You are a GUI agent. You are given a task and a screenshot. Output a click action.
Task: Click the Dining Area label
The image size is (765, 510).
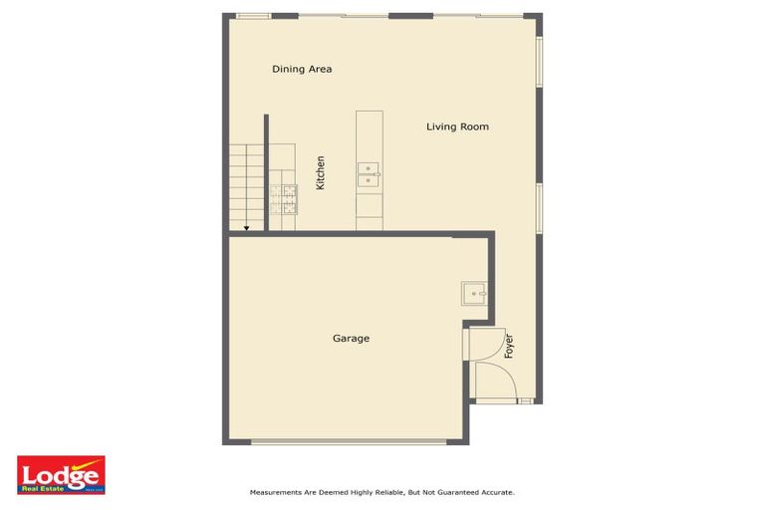coord(302,70)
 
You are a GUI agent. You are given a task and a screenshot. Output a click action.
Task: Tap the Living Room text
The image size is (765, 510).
coord(457,127)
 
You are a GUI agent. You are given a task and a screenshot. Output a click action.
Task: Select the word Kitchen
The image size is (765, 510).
coord(321,173)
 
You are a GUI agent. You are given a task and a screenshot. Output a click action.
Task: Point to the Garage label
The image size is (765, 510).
coord(351,339)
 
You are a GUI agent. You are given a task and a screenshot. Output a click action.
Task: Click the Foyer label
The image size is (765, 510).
coord(509,346)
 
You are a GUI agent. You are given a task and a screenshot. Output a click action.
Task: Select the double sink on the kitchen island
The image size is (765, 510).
coord(369,175)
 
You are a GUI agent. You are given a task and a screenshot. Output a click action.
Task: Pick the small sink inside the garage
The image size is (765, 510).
coord(473,293)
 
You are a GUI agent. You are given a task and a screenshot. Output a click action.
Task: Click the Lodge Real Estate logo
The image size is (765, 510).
coord(61,475)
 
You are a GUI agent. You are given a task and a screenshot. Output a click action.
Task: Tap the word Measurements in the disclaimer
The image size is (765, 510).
coord(276,492)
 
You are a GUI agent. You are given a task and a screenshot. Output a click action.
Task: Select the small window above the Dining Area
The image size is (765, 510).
coord(254,15)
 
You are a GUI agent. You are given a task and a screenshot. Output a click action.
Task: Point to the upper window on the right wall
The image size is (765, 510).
coord(540,63)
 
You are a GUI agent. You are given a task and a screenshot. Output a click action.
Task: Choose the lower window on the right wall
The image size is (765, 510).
coord(540,208)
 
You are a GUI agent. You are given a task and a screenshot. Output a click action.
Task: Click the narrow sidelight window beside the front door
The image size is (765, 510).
coord(526,400)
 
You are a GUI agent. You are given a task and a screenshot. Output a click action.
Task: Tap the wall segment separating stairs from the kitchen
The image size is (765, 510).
coord(267,172)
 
